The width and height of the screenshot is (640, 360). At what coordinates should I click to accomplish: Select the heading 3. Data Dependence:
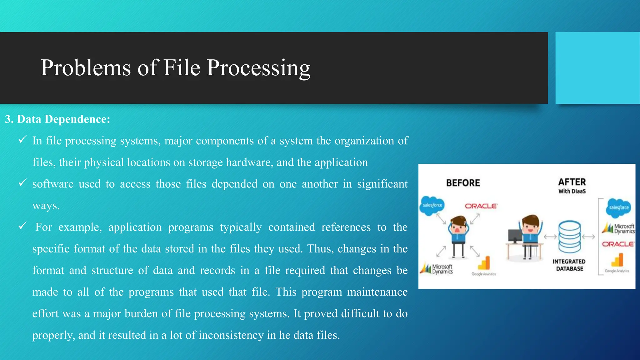57,119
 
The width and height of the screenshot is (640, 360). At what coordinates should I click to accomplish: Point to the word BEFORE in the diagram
463,183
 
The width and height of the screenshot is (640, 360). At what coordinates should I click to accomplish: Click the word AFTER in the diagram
572,182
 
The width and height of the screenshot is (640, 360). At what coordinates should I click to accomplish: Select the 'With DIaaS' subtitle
572,191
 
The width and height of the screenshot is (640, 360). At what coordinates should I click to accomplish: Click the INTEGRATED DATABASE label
569,265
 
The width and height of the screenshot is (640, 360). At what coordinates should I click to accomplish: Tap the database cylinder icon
570,237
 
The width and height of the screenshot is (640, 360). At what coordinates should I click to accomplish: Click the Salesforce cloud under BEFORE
432,205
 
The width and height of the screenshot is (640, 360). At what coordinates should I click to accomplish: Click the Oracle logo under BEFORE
481,206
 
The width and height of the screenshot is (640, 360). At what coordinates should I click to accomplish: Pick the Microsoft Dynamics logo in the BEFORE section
437,269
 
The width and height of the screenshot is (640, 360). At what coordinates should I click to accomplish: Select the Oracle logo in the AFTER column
618,244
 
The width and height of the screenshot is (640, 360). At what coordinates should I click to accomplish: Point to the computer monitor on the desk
515,236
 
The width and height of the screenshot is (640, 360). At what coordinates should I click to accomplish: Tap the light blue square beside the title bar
597,68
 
